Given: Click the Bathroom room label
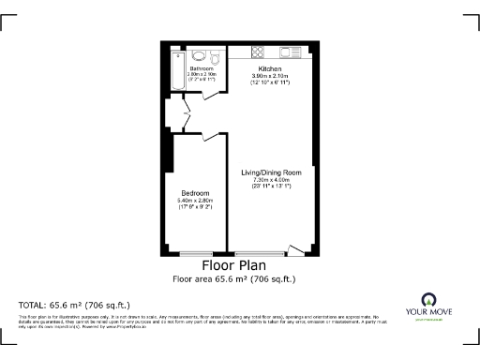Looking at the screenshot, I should [x=202, y=69].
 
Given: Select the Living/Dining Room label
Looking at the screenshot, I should [x=271, y=172].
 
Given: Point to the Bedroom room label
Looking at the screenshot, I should [x=195, y=193].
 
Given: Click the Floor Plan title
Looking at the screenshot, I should [x=239, y=265].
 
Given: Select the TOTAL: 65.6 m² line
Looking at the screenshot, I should [x=74, y=306].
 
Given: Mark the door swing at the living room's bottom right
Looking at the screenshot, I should [x=295, y=248].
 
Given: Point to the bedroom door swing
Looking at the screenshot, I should [x=212, y=137].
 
